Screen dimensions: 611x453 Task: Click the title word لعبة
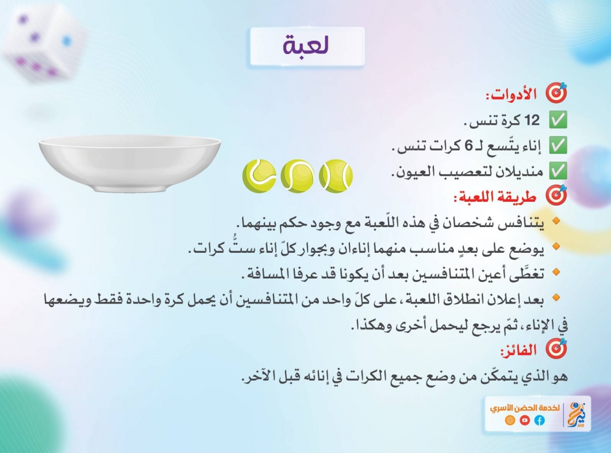[306, 45]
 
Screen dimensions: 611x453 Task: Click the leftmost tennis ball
[259, 176]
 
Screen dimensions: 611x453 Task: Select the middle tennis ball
[297, 176]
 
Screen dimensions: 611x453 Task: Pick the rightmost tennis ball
[335, 176]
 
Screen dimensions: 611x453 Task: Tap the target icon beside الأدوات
[556, 93]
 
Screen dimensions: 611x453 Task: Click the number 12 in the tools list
[532, 120]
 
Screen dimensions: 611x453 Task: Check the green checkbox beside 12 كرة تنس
[558, 120]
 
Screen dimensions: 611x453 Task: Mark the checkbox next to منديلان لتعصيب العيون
[558, 170]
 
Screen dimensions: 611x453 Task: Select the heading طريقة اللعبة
[495, 197]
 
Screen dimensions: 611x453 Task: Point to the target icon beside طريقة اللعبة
[556, 195]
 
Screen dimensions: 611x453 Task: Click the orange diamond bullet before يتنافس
[556, 221]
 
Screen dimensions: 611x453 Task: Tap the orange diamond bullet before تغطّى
[556, 271]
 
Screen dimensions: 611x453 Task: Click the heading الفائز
[518, 350]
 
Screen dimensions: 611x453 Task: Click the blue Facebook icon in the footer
[539, 420]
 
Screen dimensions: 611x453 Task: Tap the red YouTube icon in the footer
[524, 420]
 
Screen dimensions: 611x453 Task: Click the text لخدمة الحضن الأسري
[524, 408]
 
